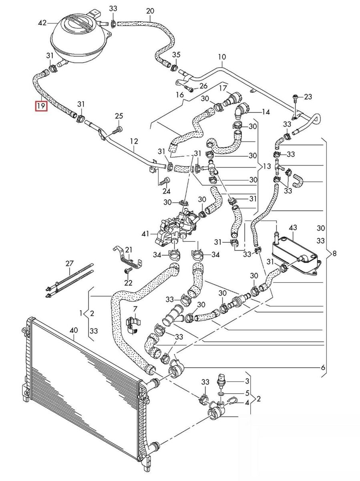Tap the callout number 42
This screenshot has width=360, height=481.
coord(42,24)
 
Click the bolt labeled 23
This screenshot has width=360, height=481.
coord(295,97)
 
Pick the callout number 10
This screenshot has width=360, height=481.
coord(222,57)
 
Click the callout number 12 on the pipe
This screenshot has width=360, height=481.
coord(134,141)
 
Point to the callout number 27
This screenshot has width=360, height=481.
coord(70,263)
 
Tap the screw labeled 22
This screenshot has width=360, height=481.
coord(128,272)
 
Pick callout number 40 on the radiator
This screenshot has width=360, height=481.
coord(73,331)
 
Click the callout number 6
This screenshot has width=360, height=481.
coord(323,367)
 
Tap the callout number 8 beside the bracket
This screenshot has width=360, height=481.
coord(334,253)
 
